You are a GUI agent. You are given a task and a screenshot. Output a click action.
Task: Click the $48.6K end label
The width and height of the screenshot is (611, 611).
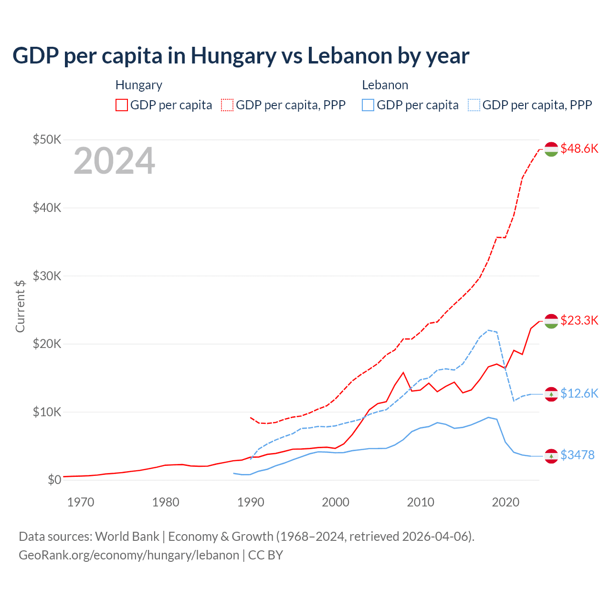pos(579,148)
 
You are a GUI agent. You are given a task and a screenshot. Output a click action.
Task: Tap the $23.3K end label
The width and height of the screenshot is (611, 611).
pos(579,320)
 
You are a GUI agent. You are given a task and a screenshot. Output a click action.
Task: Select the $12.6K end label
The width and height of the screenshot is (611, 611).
pos(579,393)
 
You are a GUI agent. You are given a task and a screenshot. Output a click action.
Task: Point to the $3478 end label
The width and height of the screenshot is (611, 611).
pos(577,455)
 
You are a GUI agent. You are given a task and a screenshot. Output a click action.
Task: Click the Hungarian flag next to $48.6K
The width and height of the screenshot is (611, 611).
pos(551,149)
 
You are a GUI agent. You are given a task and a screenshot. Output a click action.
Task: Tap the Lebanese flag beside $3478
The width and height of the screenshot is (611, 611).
pos(551,456)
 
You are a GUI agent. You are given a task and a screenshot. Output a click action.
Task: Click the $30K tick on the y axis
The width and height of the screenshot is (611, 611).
pos(47,276)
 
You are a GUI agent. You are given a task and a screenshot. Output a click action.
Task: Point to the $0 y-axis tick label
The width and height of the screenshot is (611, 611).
pos(54,480)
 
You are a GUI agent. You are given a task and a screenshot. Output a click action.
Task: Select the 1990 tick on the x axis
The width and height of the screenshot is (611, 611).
pos(251,502)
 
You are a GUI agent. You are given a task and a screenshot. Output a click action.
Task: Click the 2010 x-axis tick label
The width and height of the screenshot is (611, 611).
pos(421,502)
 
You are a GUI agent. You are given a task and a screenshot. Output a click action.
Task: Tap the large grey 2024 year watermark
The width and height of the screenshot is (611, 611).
pos(114,161)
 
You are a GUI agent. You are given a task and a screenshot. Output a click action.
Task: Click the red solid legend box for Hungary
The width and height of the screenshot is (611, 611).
pos(122,105)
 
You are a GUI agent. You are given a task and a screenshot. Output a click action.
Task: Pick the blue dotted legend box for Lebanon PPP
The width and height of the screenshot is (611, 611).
pos(474,105)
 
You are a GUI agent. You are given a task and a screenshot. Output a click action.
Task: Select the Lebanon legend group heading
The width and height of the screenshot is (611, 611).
pos(385,85)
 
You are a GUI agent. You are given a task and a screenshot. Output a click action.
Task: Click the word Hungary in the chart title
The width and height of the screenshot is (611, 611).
pos(233,55)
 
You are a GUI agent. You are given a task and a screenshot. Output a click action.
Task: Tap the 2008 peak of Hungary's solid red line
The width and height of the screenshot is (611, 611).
pos(403,372)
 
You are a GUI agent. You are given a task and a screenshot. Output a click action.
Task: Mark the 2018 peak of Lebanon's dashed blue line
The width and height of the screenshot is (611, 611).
pos(488,330)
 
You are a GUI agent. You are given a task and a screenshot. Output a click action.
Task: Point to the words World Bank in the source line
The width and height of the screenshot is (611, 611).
pos(127,537)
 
